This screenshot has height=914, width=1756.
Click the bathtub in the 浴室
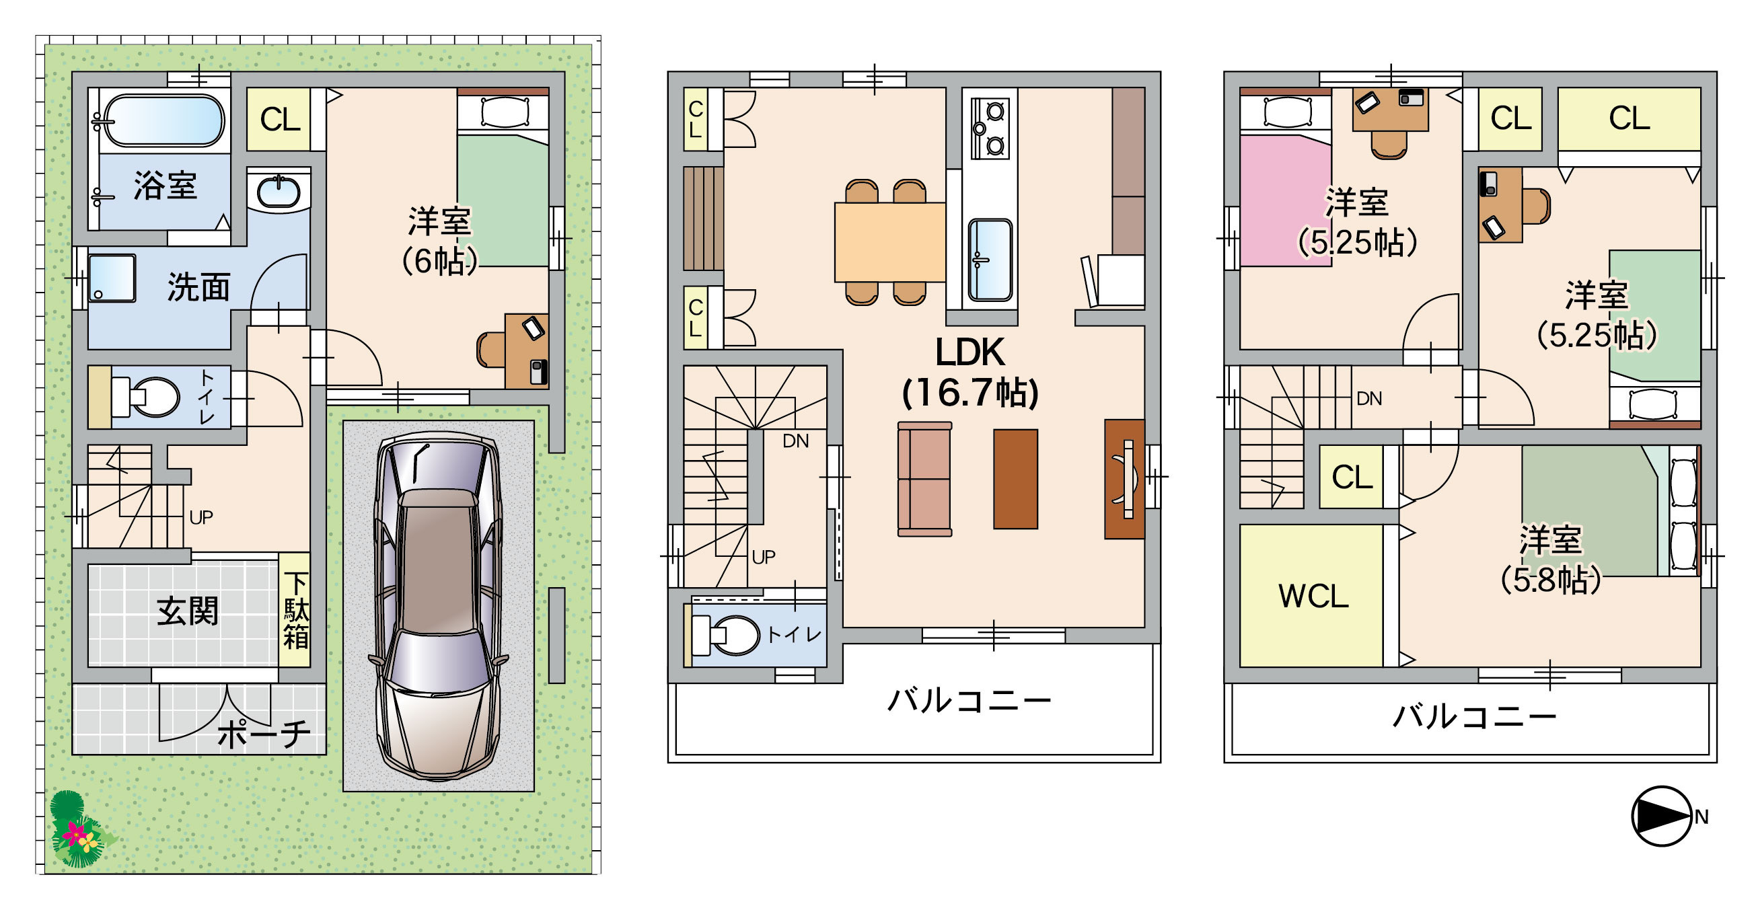163,120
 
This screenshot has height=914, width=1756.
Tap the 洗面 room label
198,287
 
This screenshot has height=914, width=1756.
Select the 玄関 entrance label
188,611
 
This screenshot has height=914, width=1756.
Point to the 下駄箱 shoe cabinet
295,609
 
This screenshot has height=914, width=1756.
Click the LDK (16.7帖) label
970,372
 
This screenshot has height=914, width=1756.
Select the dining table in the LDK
889,242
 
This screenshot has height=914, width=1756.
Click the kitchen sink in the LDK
990,260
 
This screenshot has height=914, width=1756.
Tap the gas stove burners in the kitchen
989,128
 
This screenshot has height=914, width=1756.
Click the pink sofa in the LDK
924,479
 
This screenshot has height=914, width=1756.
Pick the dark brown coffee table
1015,479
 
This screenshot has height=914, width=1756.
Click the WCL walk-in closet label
1313,597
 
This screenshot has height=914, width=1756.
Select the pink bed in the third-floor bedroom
1285,199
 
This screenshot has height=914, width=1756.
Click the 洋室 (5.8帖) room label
1550,560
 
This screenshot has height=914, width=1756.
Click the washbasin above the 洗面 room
278,192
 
